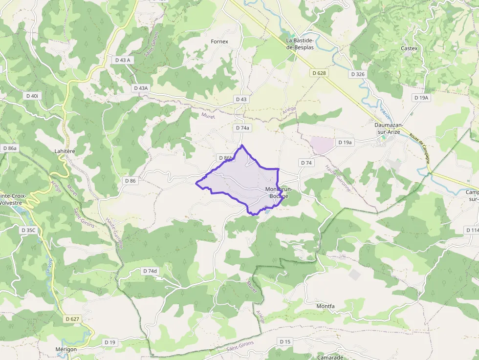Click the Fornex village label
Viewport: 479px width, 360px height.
coord(219,42)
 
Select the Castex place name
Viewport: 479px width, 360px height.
coord(409,48)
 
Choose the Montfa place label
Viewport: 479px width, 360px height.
coord(326,306)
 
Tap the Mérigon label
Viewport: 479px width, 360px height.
coord(66,349)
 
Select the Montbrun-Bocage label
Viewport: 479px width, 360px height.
coord(279,192)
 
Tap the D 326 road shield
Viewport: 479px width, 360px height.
coord(358,74)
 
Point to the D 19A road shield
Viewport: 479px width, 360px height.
coord(421,98)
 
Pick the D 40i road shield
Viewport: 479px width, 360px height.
coord(31,96)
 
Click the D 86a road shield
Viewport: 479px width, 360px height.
coord(10,148)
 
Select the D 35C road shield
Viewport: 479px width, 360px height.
coord(29,229)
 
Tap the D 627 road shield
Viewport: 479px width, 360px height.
coord(72,318)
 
